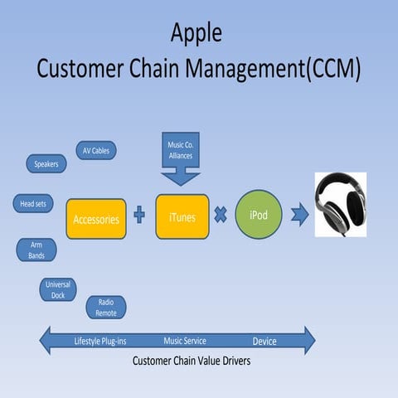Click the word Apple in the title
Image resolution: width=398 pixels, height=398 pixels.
point(197,32)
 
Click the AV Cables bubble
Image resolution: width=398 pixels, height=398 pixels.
point(96,150)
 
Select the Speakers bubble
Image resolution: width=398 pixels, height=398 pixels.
point(46,164)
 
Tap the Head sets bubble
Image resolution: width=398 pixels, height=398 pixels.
point(32,203)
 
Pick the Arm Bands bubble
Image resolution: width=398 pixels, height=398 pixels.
point(36,250)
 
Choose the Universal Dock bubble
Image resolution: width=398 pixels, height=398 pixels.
point(58,289)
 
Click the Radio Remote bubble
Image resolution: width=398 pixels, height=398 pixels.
point(106,307)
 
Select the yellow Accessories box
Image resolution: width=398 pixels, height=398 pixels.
point(96,219)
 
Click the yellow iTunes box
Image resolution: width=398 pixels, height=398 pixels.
point(182,216)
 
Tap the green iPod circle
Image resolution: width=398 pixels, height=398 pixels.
point(259,216)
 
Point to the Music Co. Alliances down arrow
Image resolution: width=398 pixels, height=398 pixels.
point(181,162)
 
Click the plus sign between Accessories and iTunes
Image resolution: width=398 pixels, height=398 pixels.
point(139,216)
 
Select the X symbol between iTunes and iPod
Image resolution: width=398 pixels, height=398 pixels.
point(221,215)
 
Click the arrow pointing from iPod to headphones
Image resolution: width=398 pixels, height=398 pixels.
point(299,216)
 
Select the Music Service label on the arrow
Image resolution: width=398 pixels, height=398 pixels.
point(185,341)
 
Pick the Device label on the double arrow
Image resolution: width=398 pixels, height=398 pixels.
point(265,341)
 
